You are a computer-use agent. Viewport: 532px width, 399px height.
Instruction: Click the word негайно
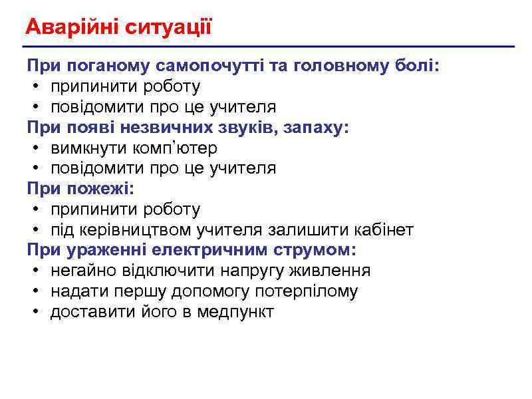tap(82, 271)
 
